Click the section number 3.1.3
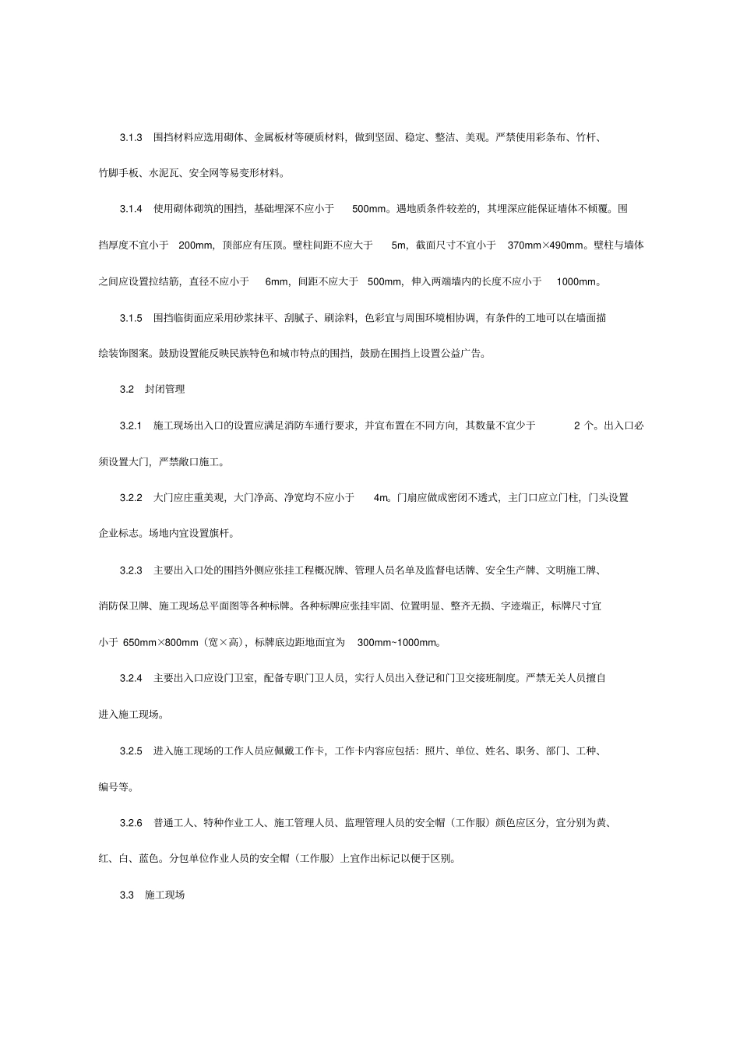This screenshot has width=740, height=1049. pyautogui.click(x=130, y=137)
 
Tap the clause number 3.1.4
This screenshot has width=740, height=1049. pyautogui.click(x=130, y=209)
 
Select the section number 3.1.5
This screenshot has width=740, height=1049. pyautogui.click(x=130, y=317)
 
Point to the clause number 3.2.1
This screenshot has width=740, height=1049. pyautogui.click(x=130, y=426)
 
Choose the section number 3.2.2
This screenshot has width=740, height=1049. pyautogui.click(x=130, y=497)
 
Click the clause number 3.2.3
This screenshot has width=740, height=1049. pyautogui.click(x=130, y=570)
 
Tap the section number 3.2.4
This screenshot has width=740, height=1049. pyautogui.click(x=130, y=678)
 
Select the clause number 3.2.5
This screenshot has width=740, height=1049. pyautogui.click(x=130, y=751)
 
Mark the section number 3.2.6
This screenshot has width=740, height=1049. pyautogui.click(x=130, y=822)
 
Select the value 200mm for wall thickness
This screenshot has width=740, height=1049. pyautogui.click(x=196, y=245)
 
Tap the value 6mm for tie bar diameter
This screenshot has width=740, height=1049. pyautogui.click(x=277, y=281)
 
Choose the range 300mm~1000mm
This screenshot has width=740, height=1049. pyautogui.click(x=397, y=642)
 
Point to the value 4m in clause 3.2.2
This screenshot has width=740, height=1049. pyautogui.click(x=381, y=497)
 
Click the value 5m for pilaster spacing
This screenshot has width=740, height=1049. pyautogui.click(x=399, y=245)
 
